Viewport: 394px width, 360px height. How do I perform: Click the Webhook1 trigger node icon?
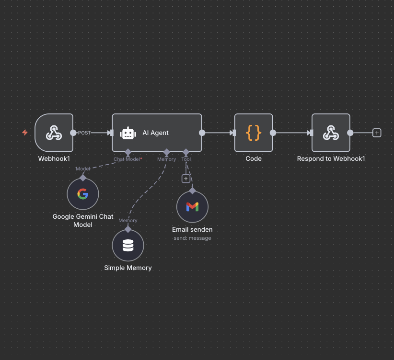[x=54, y=133]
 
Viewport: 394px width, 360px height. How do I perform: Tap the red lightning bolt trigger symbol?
[x=25, y=132]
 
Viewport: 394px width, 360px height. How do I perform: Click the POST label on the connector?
[x=84, y=133]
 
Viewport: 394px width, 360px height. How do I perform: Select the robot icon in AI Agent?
[x=128, y=133]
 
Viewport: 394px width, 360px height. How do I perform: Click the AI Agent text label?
[x=156, y=133]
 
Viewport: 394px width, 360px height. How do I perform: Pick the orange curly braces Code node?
[x=254, y=133]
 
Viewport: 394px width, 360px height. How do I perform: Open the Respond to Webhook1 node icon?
[x=331, y=133]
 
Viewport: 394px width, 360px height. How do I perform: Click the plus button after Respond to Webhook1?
[x=377, y=133]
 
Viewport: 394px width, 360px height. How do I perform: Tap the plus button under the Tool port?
[x=186, y=179]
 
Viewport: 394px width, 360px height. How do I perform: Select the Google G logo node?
[x=83, y=194]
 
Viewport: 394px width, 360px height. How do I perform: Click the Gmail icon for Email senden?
[x=193, y=207]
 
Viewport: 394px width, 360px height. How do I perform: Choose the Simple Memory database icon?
[x=128, y=246]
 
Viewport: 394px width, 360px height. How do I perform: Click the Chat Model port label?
[x=127, y=159]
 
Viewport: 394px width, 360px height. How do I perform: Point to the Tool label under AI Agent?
[x=186, y=159]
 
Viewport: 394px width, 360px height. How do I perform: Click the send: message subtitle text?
[x=193, y=238]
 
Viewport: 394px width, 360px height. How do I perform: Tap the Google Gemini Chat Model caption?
[x=83, y=220]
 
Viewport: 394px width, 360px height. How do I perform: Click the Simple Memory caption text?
[x=128, y=268]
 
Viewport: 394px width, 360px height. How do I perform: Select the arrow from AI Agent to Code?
[x=218, y=133]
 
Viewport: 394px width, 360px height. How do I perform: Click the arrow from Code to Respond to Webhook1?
[x=292, y=133]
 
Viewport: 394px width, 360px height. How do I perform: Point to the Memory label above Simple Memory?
[x=128, y=220]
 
